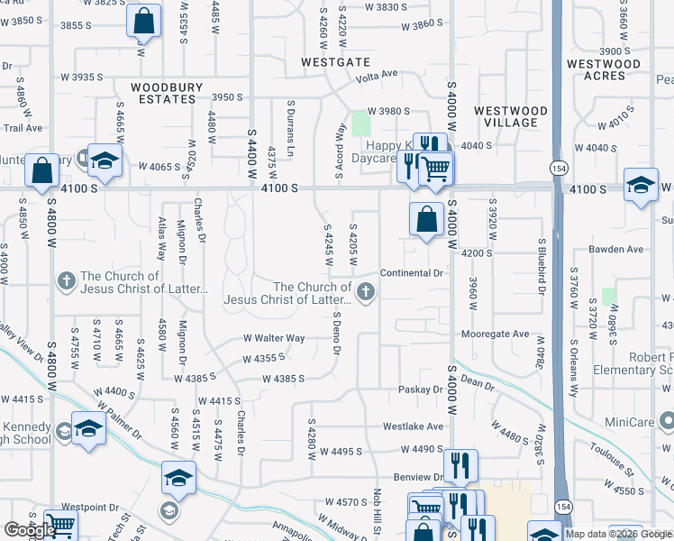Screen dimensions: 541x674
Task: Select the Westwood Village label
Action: click(x=510, y=116)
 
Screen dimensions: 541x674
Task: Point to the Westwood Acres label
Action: click(x=603, y=69)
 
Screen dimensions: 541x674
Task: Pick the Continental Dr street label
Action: click(x=412, y=272)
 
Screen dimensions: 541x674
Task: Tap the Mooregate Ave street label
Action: click(x=495, y=334)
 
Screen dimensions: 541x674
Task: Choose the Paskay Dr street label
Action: click(x=422, y=390)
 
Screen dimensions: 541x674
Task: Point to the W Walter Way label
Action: click(x=274, y=338)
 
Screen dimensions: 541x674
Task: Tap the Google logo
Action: click(x=30, y=530)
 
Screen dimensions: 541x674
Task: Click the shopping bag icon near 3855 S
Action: click(x=143, y=20)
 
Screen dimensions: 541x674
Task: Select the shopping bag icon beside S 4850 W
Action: click(x=41, y=170)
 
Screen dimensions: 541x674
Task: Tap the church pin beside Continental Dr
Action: click(x=365, y=290)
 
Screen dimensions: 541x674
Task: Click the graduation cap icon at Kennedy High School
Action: click(x=88, y=429)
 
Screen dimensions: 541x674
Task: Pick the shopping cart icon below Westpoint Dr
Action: click(x=60, y=524)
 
